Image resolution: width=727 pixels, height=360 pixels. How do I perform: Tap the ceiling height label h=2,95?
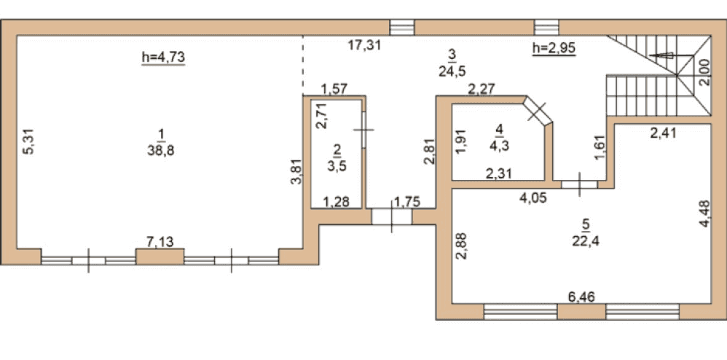coord(554,48)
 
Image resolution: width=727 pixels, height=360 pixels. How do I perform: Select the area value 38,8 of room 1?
coord(161,152)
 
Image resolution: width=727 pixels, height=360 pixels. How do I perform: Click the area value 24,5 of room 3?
coord(452,71)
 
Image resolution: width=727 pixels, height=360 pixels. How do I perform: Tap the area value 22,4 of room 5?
coord(586,241)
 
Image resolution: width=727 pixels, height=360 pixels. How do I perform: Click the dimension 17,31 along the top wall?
coord(365,45)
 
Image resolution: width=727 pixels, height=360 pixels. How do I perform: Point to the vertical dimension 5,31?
coord(29,141)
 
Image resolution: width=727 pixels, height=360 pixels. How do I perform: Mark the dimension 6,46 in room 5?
coord(581,296)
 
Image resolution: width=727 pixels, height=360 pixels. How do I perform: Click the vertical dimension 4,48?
coord(704,214)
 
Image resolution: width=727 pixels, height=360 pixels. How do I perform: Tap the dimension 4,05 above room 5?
coord(533,198)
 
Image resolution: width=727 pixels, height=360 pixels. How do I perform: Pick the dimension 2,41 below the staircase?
coord(664,133)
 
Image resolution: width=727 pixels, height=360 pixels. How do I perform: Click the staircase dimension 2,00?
coord(704,73)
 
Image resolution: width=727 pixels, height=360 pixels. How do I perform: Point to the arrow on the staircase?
coord(661,55)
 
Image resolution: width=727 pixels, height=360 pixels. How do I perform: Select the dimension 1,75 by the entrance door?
coord(406,202)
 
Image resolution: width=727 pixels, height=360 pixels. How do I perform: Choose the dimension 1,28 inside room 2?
coord(336,202)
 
